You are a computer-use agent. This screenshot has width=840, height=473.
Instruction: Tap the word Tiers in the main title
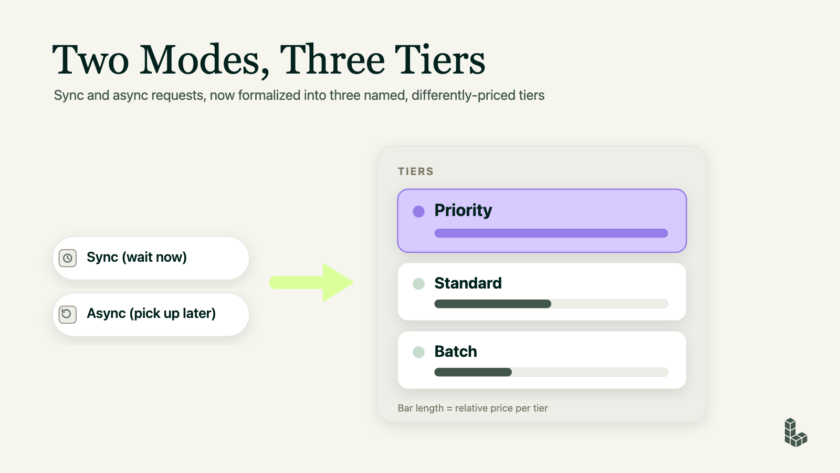click(x=440, y=59)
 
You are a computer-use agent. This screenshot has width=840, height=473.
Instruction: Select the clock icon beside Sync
click(x=68, y=258)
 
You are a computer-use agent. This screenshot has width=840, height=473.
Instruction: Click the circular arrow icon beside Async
click(x=68, y=314)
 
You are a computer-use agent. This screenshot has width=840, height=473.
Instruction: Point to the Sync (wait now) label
click(x=136, y=257)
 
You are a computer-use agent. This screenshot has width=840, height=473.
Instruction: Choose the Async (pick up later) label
click(x=151, y=313)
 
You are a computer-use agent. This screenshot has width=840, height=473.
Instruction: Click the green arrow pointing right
click(x=311, y=282)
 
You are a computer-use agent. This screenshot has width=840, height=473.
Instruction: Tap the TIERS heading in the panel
click(x=415, y=171)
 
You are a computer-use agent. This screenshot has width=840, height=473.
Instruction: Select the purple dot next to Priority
click(x=418, y=211)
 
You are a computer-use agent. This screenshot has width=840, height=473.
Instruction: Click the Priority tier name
click(x=463, y=211)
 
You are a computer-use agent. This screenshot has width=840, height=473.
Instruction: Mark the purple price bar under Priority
click(x=551, y=233)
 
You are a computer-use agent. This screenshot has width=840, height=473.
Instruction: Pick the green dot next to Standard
click(x=418, y=284)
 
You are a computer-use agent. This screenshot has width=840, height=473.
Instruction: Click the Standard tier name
click(x=468, y=283)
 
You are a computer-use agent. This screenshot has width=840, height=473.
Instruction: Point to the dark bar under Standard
click(x=492, y=304)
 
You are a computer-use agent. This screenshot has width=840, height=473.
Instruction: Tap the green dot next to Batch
click(x=418, y=352)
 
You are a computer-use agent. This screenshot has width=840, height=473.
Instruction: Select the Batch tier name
click(x=456, y=352)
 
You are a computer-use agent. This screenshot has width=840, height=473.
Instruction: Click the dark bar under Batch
click(x=473, y=372)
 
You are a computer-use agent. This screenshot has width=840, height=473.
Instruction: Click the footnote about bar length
click(x=472, y=408)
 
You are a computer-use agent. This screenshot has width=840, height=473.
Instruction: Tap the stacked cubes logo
click(x=796, y=433)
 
